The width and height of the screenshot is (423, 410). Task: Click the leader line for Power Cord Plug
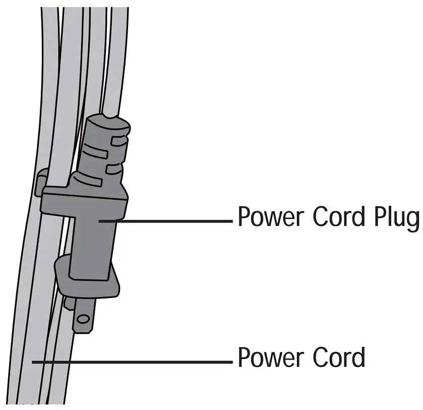click(x=166, y=220)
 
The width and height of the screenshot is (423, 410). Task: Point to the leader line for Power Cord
click(x=131, y=362)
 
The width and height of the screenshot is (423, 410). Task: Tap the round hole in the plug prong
click(x=83, y=318)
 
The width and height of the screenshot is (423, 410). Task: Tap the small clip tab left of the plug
click(x=40, y=183)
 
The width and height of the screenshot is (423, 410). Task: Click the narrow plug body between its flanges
click(x=93, y=242)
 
